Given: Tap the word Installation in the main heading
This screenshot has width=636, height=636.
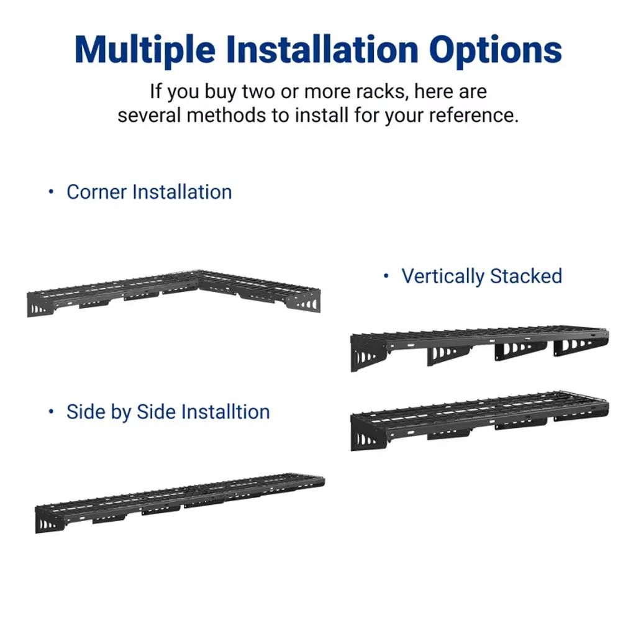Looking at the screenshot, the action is click(322, 50).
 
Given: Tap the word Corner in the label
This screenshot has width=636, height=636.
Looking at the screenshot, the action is click(96, 192).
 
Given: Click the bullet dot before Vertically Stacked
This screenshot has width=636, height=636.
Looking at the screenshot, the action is click(386, 276).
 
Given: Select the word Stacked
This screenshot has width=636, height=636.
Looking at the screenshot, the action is click(526, 276).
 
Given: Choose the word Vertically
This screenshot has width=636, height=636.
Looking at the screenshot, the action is click(443, 277).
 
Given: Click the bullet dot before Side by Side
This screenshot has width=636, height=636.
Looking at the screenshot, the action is click(51, 411).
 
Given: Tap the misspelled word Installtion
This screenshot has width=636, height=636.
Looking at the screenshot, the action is click(225, 412).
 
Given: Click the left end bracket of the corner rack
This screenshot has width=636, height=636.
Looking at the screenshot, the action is click(39, 304).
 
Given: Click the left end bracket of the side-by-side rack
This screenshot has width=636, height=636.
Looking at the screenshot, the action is click(49, 519).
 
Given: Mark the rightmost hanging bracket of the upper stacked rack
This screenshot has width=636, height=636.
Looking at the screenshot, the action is click(578, 345).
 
